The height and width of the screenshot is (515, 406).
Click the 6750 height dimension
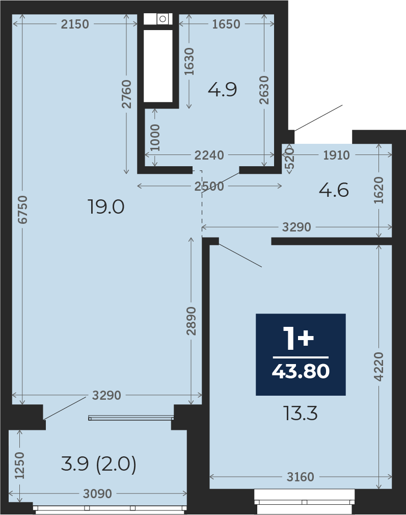click(22, 210)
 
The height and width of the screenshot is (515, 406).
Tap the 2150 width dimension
click(75, 24)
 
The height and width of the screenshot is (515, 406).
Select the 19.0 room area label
click(106, 207)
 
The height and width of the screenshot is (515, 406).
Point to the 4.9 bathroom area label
click(222, 89)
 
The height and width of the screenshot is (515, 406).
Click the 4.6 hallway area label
click(334, 190)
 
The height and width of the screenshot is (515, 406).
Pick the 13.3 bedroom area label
click(301, 414)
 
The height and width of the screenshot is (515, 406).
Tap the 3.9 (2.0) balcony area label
click(98, 465)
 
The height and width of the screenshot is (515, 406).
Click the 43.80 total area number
click(301, 371)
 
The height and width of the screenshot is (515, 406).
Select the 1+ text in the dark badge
click(299, 338)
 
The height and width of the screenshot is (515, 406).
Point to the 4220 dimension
click(379, 367)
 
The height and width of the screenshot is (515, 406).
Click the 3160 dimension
click(301, 477)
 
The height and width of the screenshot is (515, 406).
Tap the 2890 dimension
click(191, 321)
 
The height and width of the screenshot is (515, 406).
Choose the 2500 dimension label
click(209, 186)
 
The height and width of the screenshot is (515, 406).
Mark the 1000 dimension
click(154, 138)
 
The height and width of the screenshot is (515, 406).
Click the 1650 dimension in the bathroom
click(226, 24)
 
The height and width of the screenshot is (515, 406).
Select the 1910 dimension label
click(336, 155)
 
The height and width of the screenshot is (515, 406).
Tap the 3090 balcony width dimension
click(97, 494)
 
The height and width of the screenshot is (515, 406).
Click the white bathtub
click(158, 66)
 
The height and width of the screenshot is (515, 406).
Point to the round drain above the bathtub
click(163, 19)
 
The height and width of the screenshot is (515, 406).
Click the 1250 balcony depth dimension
click(20, 466)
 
